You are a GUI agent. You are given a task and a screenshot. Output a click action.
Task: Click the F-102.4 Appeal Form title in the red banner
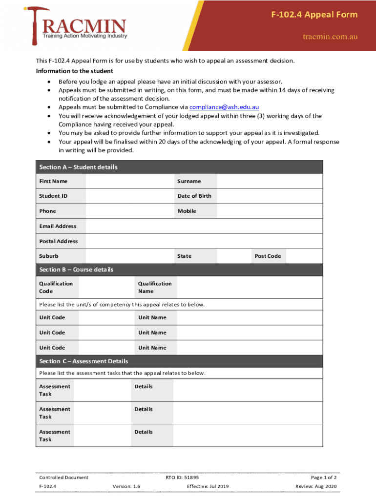click(x=314, y=15)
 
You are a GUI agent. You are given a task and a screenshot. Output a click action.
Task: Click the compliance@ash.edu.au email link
click(x=224, y=107)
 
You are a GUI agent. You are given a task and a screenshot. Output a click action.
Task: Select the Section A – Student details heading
click(x=79, y=167)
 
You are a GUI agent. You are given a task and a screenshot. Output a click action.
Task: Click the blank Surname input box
click(x=270, y=181)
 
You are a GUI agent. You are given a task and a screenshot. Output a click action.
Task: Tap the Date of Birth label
click(x=194, y=196)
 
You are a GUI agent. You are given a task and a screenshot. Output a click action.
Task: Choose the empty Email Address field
click(x=204, y=226)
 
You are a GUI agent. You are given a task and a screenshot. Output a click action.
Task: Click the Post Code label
click(x=268, y=256)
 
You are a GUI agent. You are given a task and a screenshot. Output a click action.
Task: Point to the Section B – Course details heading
click(x=76, y=270)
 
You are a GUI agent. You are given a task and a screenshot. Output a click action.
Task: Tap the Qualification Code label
click(x=56, y=288)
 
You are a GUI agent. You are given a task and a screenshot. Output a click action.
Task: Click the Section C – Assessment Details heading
click(x=84, y=361)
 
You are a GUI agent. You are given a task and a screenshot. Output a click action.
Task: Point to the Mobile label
click(x=187, y=211)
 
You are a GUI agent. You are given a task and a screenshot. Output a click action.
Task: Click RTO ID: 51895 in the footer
click(x=182, y=478)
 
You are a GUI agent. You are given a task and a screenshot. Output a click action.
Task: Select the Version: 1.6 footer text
click(x=126, y=486)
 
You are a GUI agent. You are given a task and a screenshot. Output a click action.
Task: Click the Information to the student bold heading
click(x=75, y=71)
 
